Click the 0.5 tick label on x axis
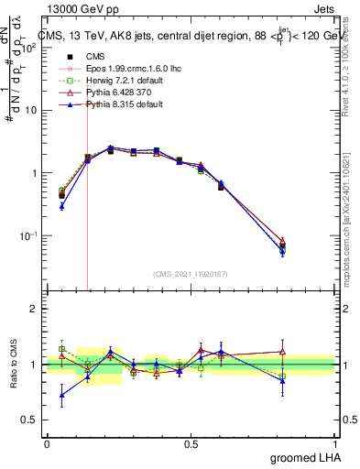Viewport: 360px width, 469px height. [191, 443]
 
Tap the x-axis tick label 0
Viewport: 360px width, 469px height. [47, 443]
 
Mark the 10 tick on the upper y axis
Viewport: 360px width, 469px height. [30, 111]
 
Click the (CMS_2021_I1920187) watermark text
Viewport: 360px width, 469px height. [191, 273]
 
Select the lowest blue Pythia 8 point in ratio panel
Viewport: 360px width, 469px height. [61, 397]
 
